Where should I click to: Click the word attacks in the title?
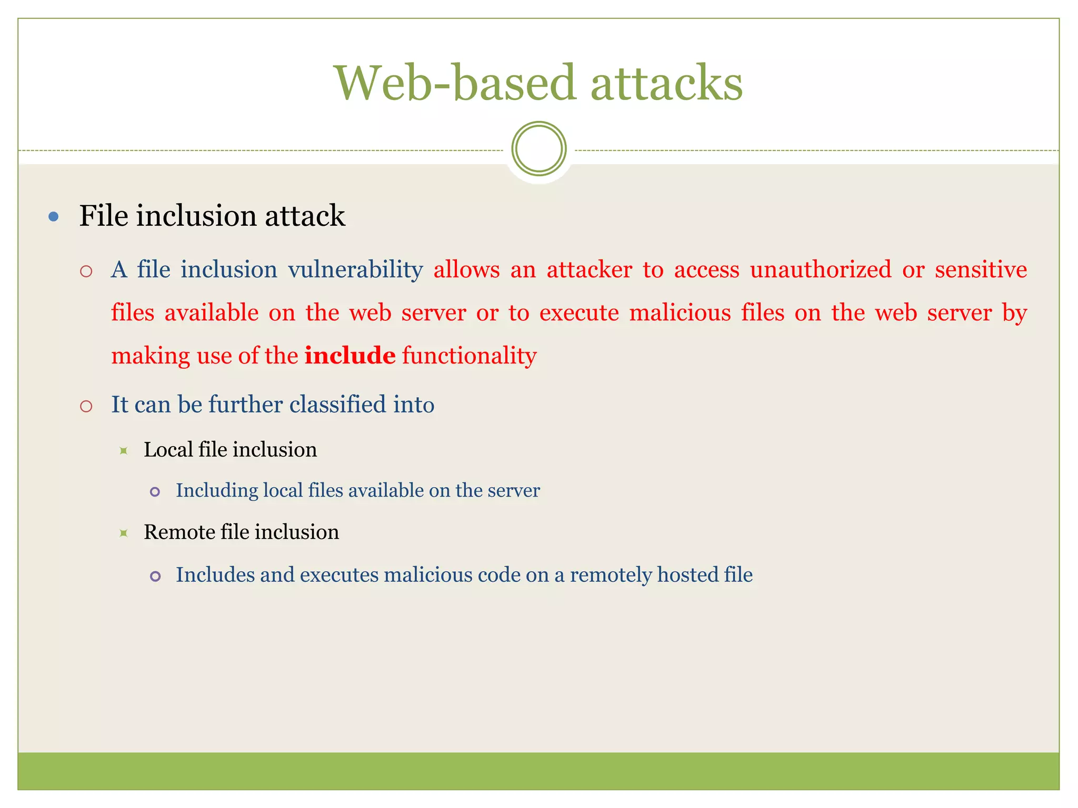666,83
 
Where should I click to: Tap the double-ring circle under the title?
538,149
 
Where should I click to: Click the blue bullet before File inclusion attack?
53,216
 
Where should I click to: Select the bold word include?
350,356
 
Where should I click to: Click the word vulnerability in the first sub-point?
355,270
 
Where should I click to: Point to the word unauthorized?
821,270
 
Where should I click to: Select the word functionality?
469,356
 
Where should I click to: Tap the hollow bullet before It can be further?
86,406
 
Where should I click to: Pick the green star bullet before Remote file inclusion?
124,533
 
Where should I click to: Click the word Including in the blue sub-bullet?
217,490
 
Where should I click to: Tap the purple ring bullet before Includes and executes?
155,577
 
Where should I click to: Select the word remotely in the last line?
611,575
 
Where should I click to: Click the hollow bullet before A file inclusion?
86,272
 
